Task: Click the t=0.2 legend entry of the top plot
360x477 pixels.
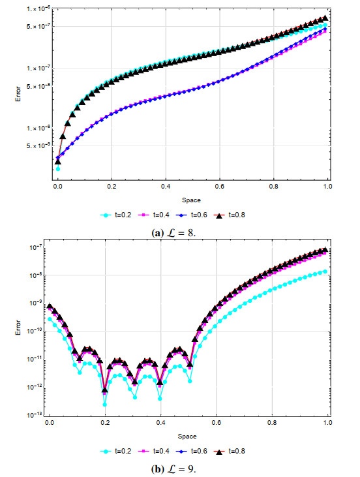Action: point(116,215)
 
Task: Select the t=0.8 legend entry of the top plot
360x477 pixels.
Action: point(230,215)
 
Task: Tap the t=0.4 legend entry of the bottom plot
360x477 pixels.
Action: point(153,451)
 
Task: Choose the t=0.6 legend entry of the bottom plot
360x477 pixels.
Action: point(192,451)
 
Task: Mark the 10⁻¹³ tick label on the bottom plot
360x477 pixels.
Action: point(37,414)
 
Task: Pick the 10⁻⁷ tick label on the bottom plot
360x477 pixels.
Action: point(37,247)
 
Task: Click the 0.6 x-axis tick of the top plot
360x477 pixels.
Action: point(220,186)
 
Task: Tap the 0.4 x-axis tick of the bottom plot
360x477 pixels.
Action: point(161,423)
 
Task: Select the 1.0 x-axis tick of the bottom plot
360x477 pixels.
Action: point(327,423)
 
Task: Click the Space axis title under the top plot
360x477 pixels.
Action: point(191,200)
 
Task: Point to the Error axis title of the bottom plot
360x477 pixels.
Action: point(18,328)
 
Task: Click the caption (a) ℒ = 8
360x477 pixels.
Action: point(173,233)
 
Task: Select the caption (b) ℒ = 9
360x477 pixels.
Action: point(173,469)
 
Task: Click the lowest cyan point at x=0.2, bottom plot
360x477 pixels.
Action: point(105,405)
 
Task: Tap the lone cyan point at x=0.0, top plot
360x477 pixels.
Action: point(58,169)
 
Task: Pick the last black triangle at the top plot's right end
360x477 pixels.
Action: point(325,18)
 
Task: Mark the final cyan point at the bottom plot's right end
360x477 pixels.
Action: point(325,271)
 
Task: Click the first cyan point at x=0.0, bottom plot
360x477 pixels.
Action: point(50,319)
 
